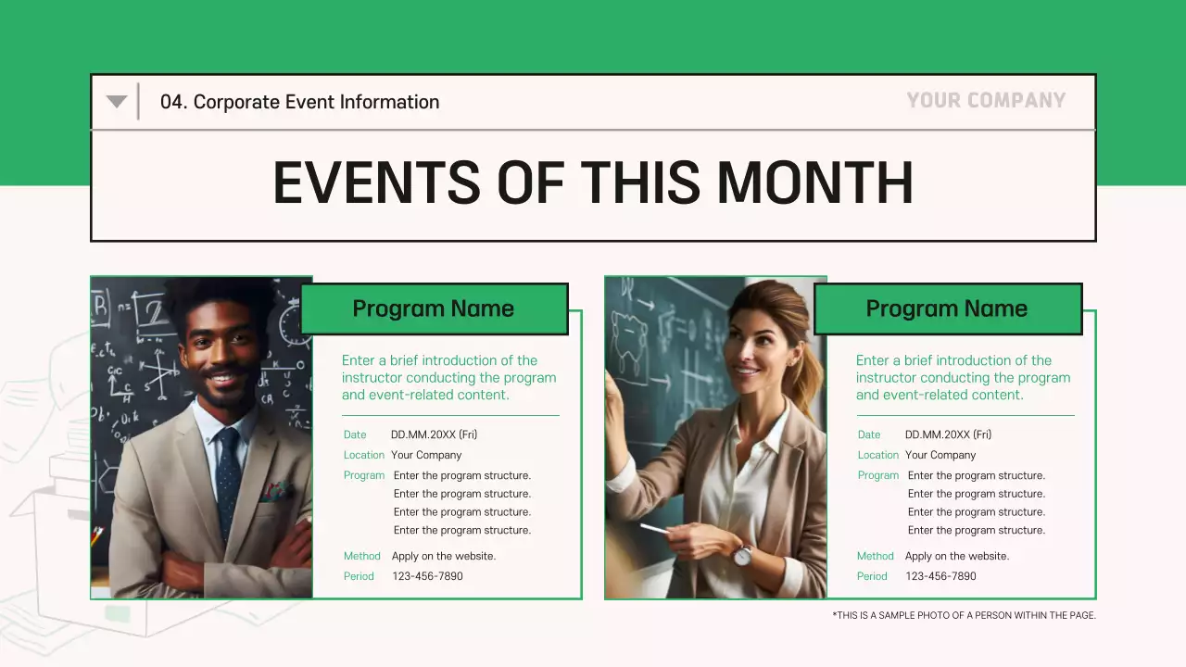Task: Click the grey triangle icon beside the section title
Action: tap(116, 101)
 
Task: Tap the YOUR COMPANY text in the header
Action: tap(986, 100)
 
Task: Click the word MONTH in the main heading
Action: tap(814, 182)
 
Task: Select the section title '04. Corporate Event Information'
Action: tap(299, 102)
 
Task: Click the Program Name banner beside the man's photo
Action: tap(433, 308)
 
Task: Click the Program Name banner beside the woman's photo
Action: tap(946, 308)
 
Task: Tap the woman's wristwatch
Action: tap(742, 554)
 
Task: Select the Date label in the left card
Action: tap(355, 434)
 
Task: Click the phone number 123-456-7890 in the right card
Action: tap(940, 576)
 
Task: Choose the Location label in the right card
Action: tap(877, 455)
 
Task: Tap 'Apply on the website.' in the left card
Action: tap(444, 556)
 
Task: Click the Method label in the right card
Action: tap(875, 556)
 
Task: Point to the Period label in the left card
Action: tap(359, 576)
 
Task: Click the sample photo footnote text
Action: tap(964, 615)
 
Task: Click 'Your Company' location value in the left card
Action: tap(426, 455)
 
